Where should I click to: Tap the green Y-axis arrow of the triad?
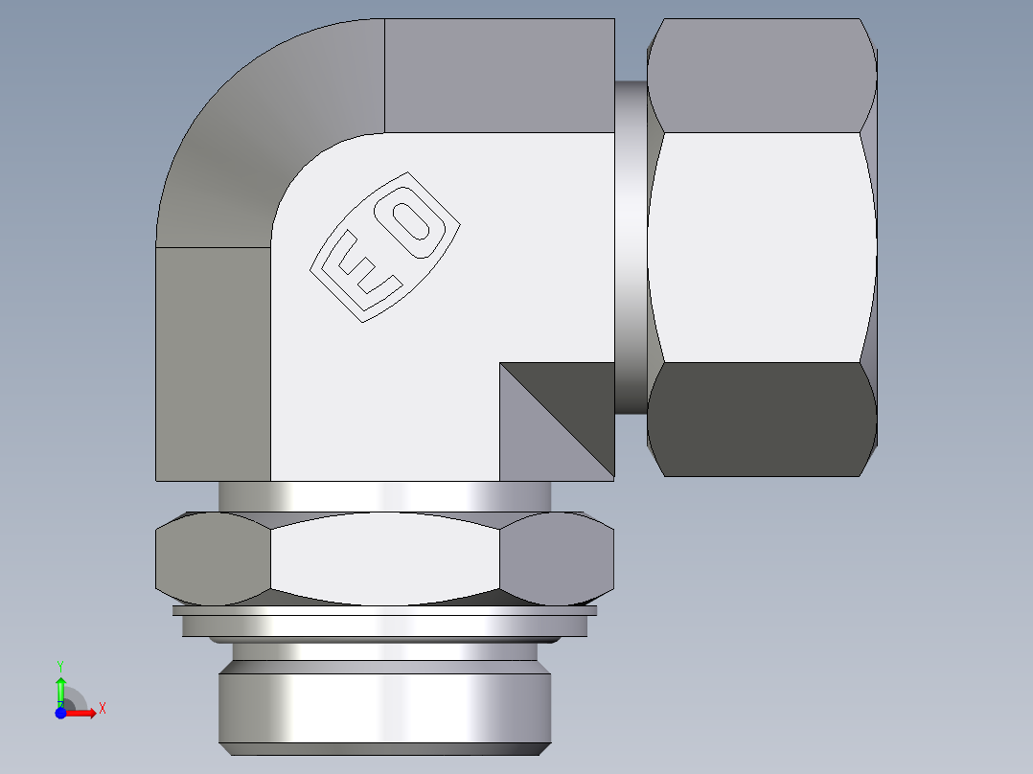60,688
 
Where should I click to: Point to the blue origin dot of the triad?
60,714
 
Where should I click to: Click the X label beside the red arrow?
102,709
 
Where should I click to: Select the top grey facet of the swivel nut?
762,77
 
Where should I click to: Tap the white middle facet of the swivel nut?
762,247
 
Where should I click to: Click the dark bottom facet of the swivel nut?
762,419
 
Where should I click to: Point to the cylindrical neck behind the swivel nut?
630,247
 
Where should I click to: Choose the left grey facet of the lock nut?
213,559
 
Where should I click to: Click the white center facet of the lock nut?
385,559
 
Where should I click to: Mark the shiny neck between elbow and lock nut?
385,495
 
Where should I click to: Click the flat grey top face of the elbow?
498,75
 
